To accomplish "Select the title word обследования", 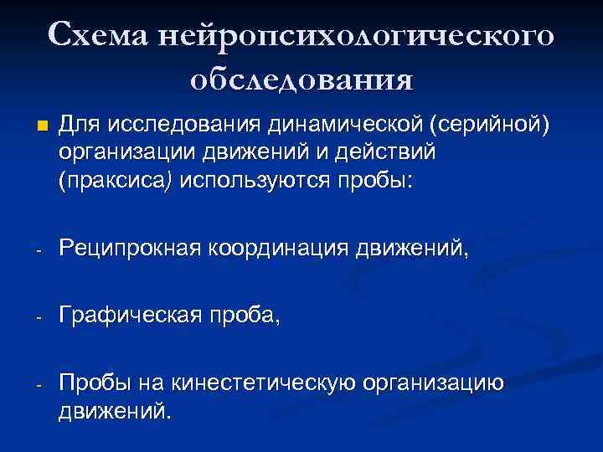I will [x=301, y=80].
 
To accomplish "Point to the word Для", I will [x=78, y=126].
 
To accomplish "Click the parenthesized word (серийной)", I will [x=488, y=126].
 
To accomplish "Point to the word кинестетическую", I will [x=265, y=383].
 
